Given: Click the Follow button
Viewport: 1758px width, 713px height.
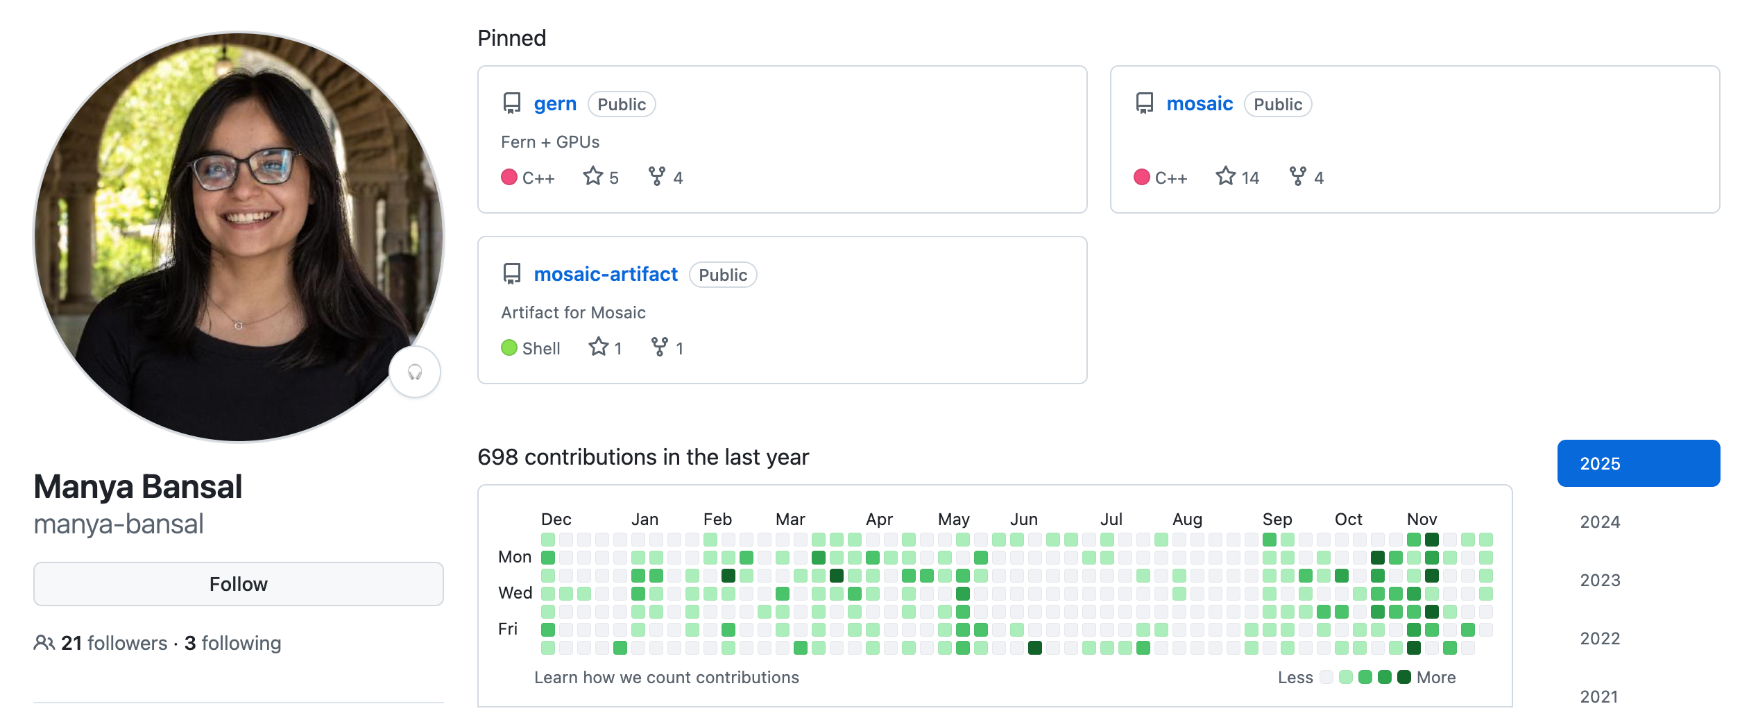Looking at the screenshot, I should tap(238, 584).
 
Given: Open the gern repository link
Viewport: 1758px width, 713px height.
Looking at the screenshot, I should tap(555, 104).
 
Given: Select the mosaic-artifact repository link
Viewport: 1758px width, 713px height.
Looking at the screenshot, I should tap(605, 275).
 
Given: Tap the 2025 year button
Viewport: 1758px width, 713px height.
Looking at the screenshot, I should tap(1638, 463).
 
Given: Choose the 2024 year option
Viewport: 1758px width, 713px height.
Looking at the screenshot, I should tap(1600, 522).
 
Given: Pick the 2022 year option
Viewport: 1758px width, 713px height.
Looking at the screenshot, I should tap(1600, 638).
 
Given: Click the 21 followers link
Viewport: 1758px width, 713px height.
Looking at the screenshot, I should tap(114, 643).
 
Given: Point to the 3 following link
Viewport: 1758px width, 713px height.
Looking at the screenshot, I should tap(233, 643).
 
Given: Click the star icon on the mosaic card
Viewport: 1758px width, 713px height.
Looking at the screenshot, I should tap(1225, 177).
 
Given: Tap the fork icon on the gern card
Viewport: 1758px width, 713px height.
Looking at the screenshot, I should tap(656, 177).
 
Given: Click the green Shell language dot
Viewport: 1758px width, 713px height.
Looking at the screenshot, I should tap(509, 347).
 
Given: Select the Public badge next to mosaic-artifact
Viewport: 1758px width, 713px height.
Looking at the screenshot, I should tap(723, 275).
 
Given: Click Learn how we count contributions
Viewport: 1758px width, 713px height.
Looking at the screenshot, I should tap(666, 678).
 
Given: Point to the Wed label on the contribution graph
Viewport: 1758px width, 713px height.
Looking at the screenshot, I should tap(515, 593).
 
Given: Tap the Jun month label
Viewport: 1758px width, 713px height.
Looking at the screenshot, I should tap(1024, 519).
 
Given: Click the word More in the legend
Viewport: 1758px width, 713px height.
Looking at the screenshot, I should tap(1436, 678).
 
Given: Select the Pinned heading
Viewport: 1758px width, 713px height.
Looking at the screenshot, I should tap(511, 38).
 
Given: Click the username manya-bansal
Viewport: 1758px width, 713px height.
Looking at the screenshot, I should tap(119, 524).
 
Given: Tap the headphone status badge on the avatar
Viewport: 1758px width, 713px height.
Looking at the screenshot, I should tap(415, 372).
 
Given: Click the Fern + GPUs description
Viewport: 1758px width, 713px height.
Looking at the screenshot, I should tap(550, 142).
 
